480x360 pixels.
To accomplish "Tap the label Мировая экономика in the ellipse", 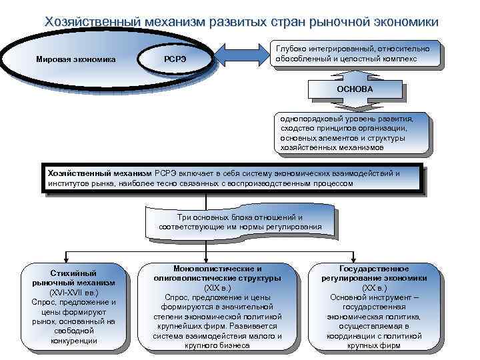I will point(75,60).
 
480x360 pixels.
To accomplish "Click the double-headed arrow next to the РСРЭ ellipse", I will point(242,55).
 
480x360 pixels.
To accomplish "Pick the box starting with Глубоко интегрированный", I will point(357,54).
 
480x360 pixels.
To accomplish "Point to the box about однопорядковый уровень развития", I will point(352,133).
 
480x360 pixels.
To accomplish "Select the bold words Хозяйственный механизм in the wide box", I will point(100,173).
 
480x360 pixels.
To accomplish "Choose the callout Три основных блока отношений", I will point(240,222).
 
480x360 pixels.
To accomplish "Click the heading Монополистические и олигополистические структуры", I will point(217,273).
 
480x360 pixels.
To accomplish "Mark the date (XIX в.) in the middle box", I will point(217,287).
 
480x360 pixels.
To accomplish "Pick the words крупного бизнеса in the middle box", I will point(217,345).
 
